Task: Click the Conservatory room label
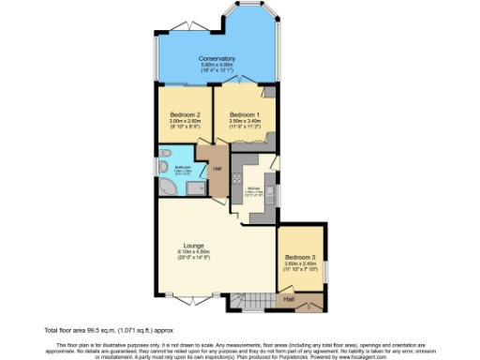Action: click(x=217, y=59)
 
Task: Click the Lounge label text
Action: click(x=194, y=246)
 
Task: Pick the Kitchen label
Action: click(x=253, y=187)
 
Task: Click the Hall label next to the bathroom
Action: click(x=217, y=169)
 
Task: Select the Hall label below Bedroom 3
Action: click(x=290, y=298)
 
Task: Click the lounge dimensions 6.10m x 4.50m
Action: click(x=194, y=253)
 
